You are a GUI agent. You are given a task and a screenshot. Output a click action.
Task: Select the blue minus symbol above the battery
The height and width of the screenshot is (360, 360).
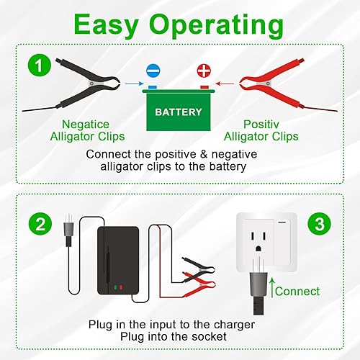pyautogui.click(x=153, y=72)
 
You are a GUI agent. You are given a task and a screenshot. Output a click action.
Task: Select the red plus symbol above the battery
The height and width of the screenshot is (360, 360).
pyautogui.click(x=204, y=72)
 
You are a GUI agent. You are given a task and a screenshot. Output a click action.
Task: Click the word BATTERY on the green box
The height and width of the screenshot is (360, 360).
pyautogui.click(x=179, y=112)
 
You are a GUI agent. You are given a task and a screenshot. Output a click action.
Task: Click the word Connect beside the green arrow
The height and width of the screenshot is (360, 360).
pyautogui.click(x=297, y=291)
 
